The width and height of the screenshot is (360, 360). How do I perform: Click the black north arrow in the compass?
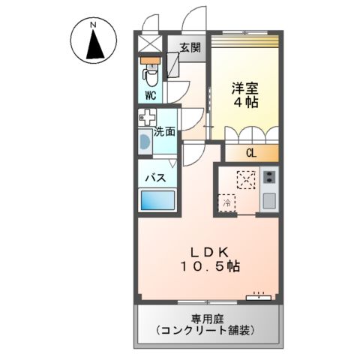point(94,46)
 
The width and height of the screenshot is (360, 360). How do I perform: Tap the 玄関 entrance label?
point(189,47)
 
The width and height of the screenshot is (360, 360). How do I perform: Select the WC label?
point(150,95)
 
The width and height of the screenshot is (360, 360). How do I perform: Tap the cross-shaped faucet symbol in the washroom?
point(147,117)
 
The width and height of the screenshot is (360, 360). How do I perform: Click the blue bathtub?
point(158,201)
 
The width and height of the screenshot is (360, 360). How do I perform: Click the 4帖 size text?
point(244,103)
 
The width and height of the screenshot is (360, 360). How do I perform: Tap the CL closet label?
point(250,153)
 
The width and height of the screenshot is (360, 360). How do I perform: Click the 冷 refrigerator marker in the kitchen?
point(226,202)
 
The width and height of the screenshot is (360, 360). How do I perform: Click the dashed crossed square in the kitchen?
point(246,178)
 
